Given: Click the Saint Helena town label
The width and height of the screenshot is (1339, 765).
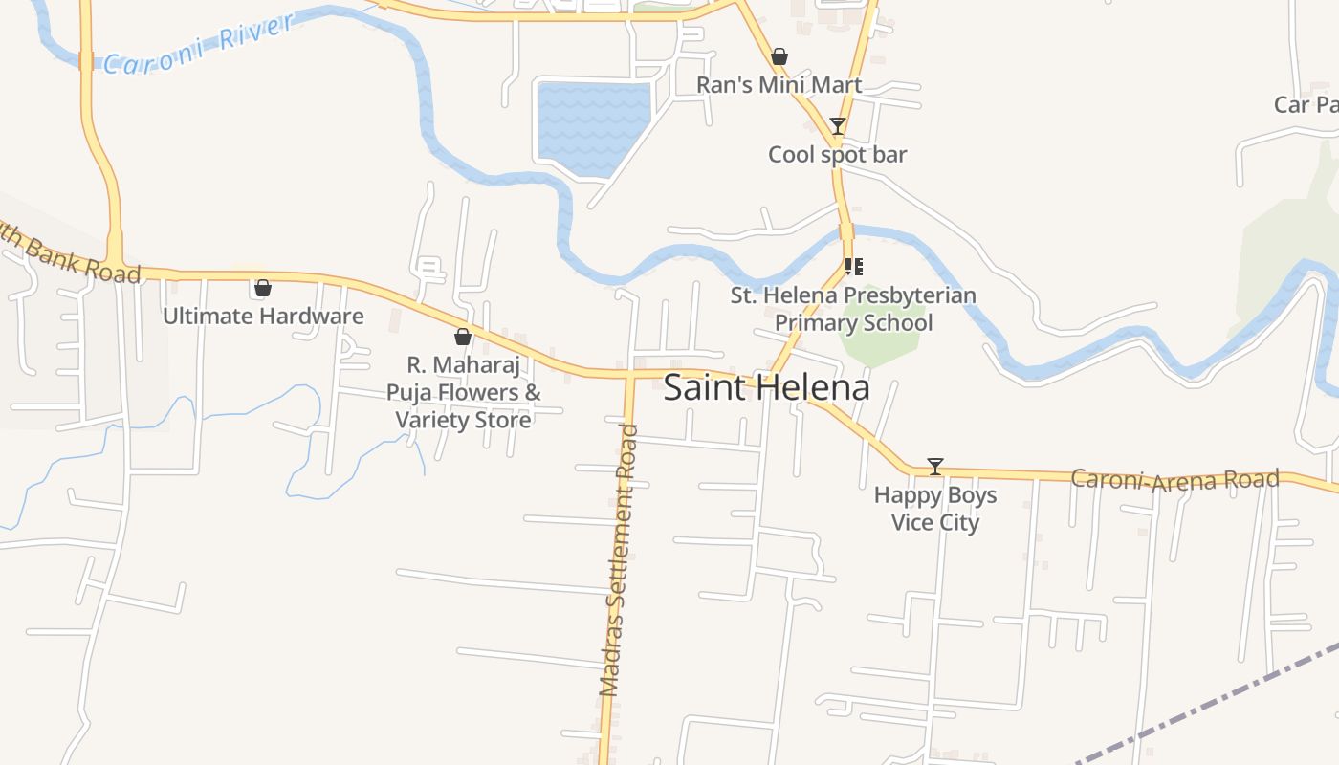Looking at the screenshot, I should click(x=766, y=387).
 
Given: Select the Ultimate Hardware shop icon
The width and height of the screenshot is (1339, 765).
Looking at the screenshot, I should click(x=263, y=288).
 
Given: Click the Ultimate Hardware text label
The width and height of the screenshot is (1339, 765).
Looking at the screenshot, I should click(x=263, y=317).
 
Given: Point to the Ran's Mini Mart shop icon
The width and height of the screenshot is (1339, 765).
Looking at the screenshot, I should click(x=779, y=56).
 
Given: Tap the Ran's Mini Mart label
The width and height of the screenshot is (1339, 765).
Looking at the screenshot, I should click(x=779, y=85).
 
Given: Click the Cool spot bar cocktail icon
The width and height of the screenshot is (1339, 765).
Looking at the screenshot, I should click(x=838, y=126).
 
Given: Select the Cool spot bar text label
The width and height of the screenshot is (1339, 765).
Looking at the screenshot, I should click(x=837, y=155).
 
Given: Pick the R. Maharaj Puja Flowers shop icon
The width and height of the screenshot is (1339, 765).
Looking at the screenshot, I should click(x=463, y=337).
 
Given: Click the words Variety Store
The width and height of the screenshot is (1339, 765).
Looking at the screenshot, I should click(x=463, y=420).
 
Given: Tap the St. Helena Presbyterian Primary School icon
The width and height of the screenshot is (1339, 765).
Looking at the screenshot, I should click(x=853, y=267).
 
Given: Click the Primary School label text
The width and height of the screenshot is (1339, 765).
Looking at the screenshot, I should click(x=853, y=322).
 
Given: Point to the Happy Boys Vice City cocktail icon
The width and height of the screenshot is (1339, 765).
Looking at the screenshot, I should click(x=935, y=467).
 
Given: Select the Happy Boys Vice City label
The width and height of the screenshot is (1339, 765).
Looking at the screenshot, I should click(x=935, y=509).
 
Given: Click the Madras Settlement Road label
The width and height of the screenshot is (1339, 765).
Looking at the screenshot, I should click(x=619, y=559).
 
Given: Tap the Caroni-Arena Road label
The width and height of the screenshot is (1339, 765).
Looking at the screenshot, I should click(x=1174, y=479).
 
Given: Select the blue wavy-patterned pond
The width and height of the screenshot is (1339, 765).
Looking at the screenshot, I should click(x=593, y=128).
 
